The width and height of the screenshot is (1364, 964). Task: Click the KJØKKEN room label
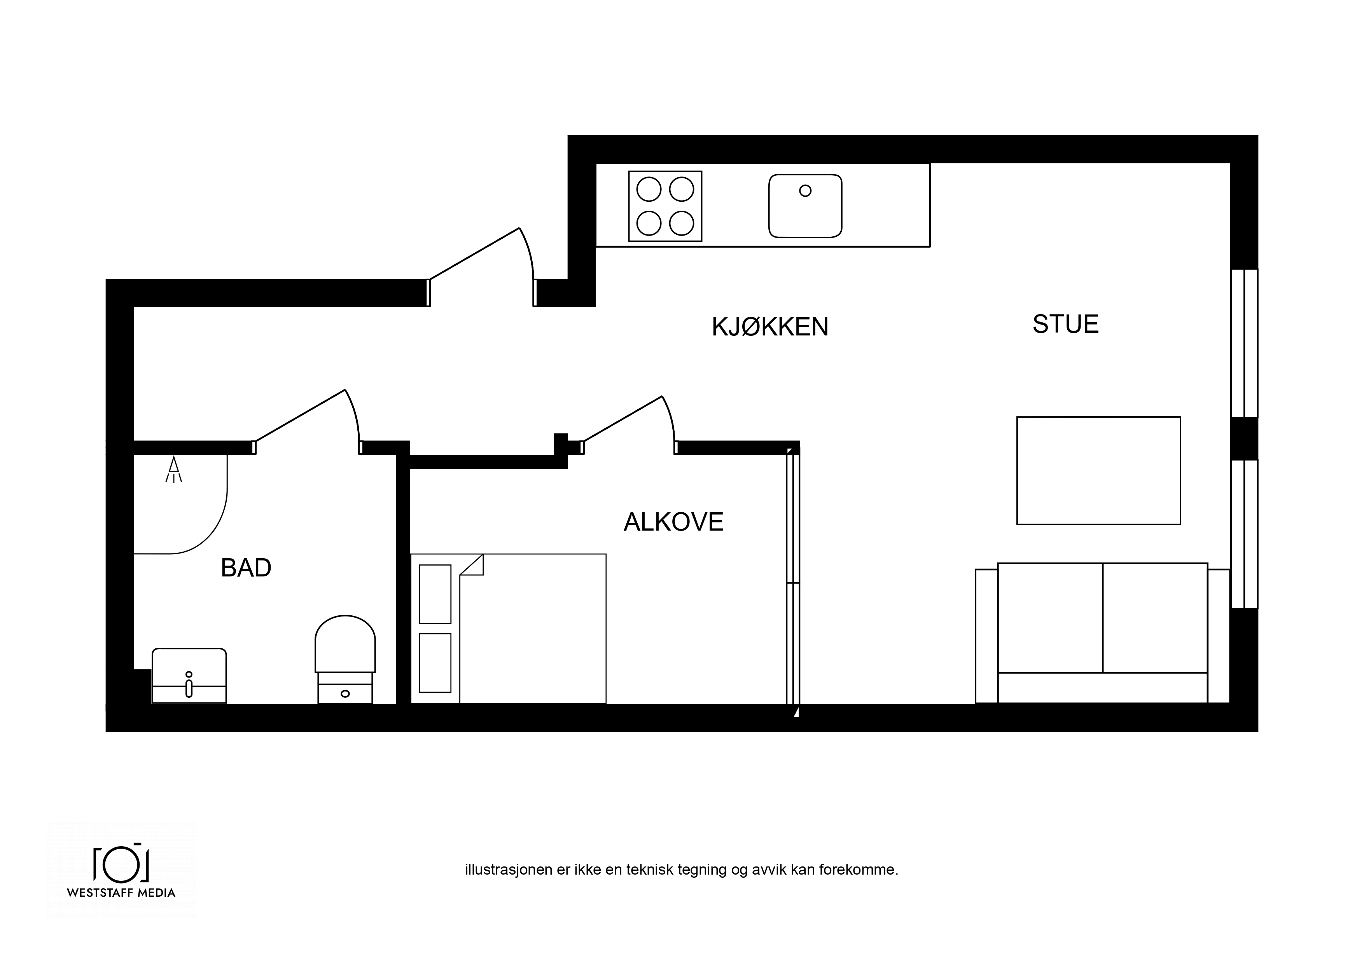tap(770, 327)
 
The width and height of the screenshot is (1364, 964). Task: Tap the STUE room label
tap(1066, 324)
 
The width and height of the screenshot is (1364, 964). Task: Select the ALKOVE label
tap(674, 522)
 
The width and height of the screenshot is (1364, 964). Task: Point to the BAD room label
tap(246, 568)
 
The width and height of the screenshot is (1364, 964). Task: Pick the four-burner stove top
tap(665, 206)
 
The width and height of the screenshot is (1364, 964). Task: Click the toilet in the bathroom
tap(345, 659)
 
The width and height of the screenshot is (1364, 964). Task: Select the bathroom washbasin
tap(189, 676)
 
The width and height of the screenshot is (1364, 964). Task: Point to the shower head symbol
tap(173, 469)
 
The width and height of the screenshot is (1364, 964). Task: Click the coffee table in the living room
tap(1098, 470)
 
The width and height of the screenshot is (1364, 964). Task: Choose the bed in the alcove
tap(509, 629)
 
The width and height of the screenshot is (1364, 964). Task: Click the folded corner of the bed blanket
tap(473, 564)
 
